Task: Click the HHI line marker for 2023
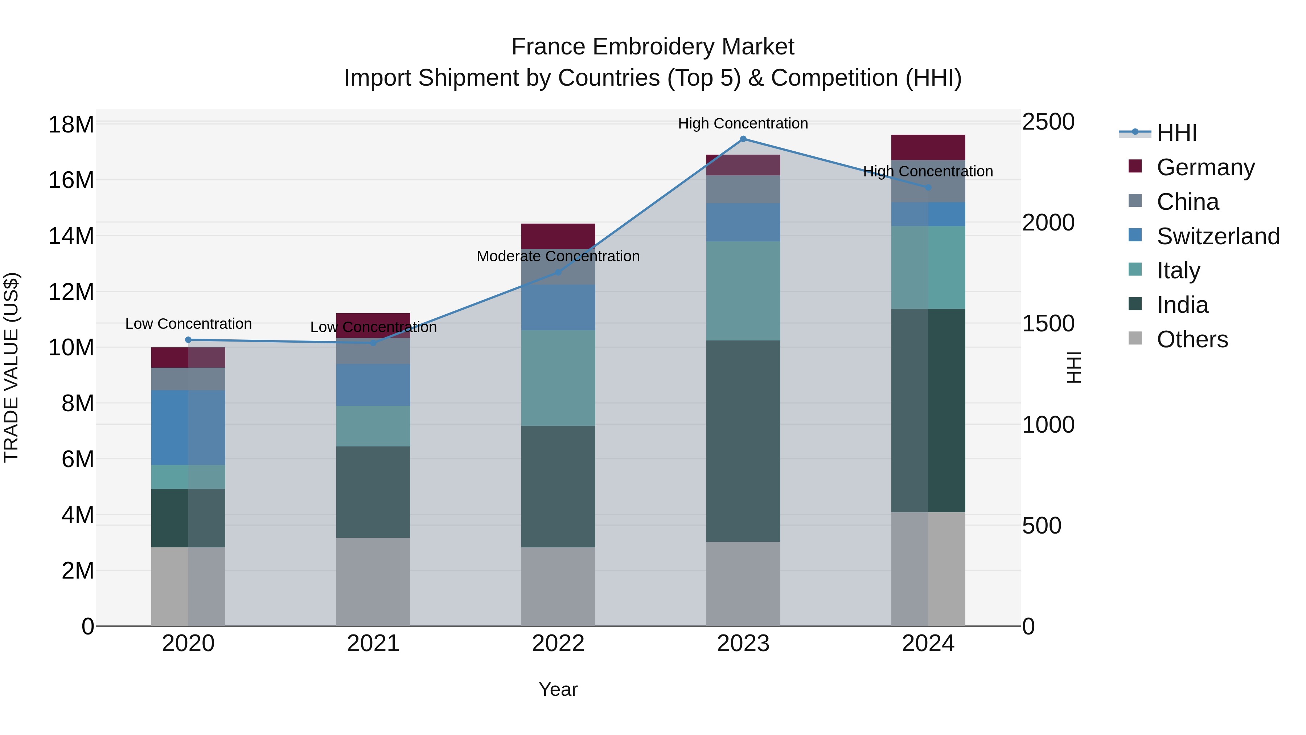pyautogui.click(x=743, y=139)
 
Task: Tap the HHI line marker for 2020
pyautogui.click(x=188, y=340)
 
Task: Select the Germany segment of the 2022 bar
pyautogui.click(x=558, y=236)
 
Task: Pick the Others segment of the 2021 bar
pyautogui.click(x=373, y=582)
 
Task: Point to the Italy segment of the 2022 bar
pyautogui.click(x=558, y=378)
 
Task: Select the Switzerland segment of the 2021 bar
pyautogui.click(x=373, y=384)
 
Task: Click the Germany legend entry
pyautogui.click(x=1205, y=167)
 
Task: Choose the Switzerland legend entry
pyautogui.click(x=1217, y=236)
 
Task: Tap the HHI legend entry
pyautogui.click(x=1176, y=133)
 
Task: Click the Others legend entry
pyautogui.click(x=1191, y=339)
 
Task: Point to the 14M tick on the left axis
pyautogui.click(x=71, y=236)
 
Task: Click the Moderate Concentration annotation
pyautogui.click(x=558, y=256)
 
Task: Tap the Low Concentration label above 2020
pyautogui.click(x=188, y=324)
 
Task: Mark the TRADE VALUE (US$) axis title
pyautogui.click(x=11, y=367)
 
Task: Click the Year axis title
pyautogui.click(x=558, y=689)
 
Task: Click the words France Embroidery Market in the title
pyautogui.click(x=653, y=47)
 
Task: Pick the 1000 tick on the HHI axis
pyautogui.click(x=1047, y=425)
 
